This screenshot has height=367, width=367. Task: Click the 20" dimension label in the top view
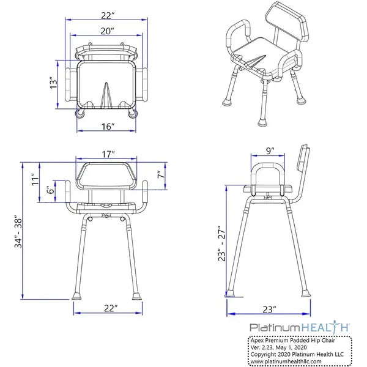click(x=106, y=29)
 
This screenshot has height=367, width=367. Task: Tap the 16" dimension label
click(x=108, y=127)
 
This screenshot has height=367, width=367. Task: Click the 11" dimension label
click(x=35, y=179)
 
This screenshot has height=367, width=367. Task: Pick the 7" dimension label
click(x=160, y=176)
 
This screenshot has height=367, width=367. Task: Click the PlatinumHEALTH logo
click(x=298, y=328)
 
